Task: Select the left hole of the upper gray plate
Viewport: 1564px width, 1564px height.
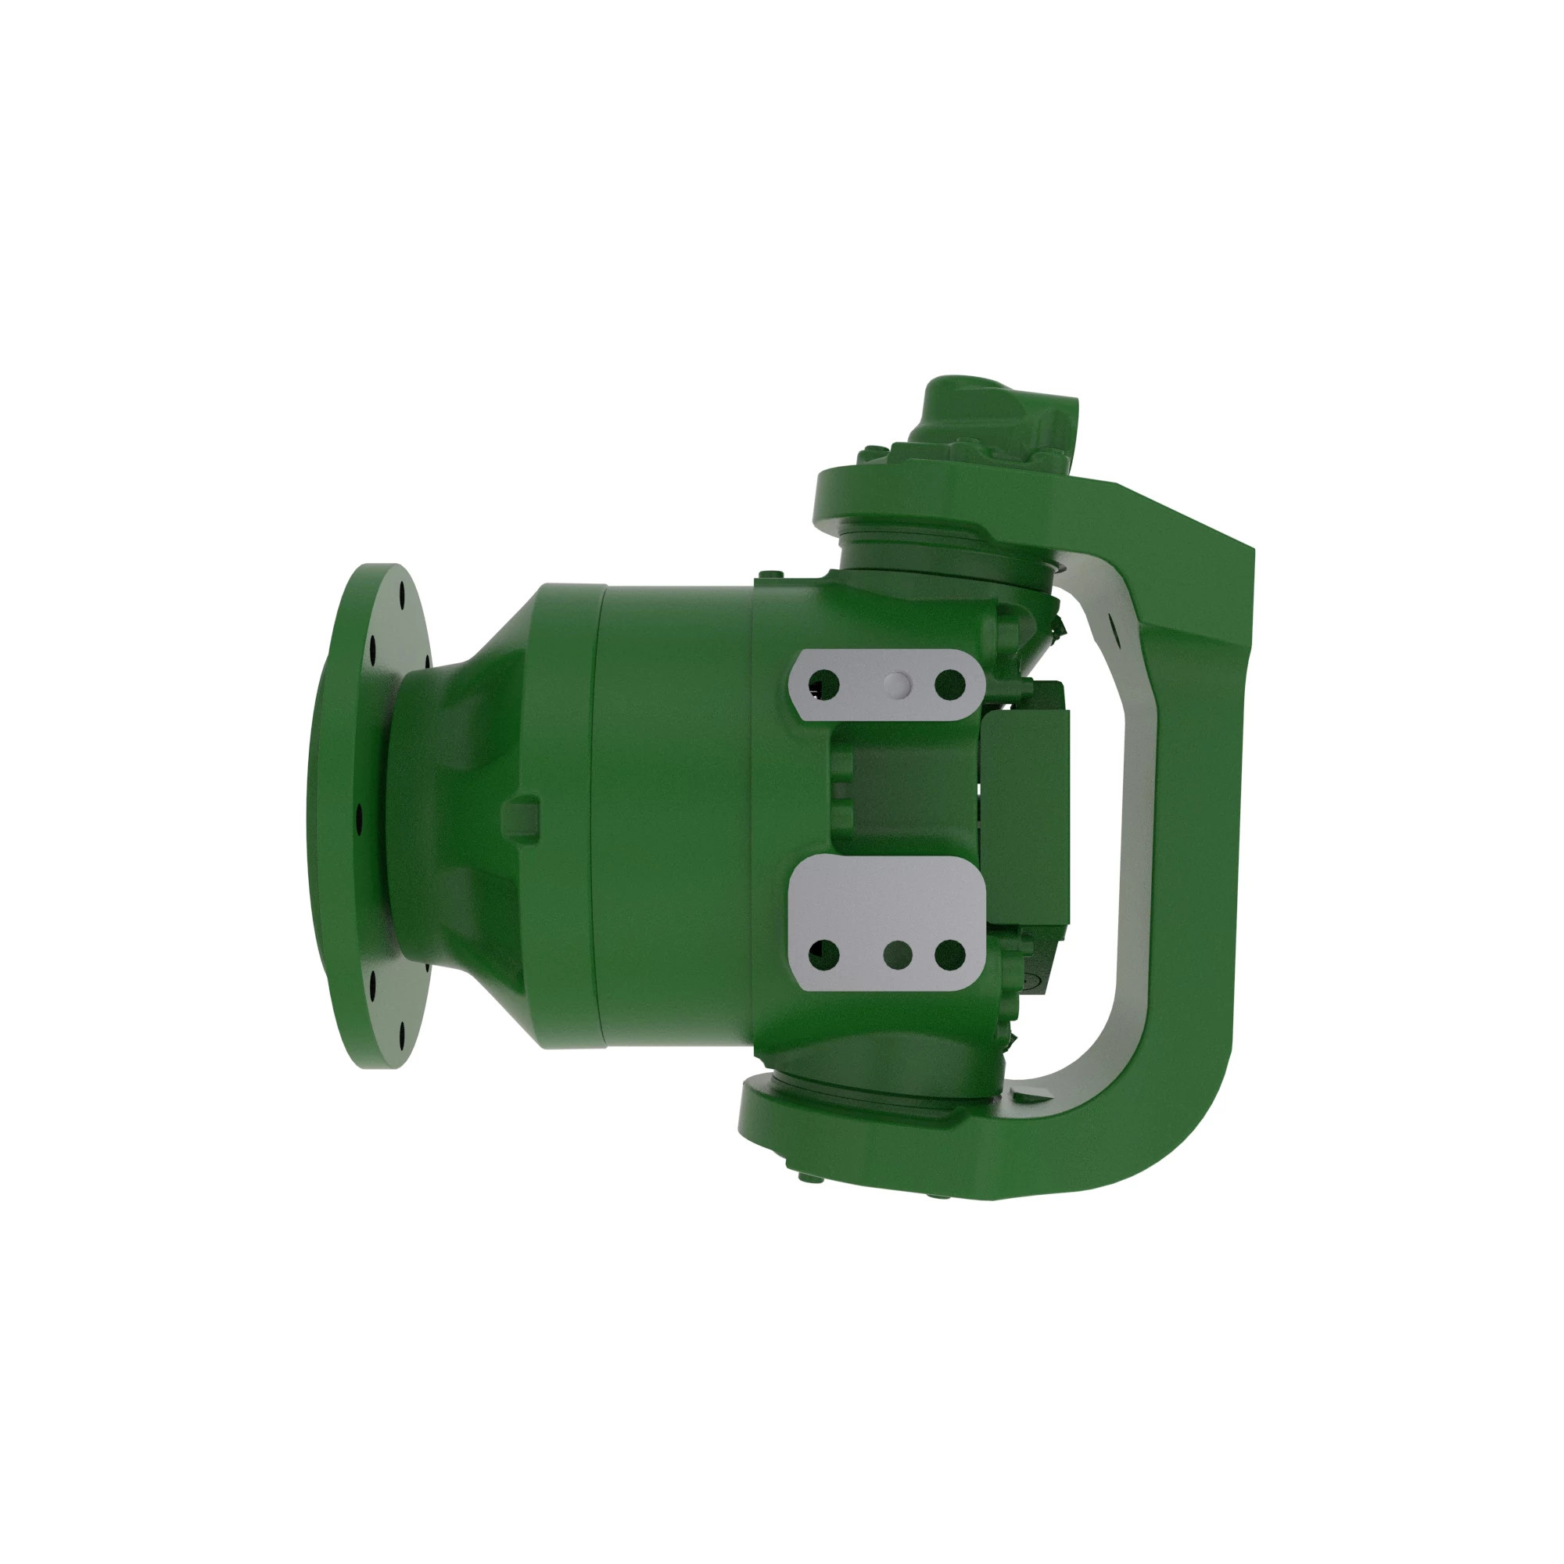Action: click(x=824, y=685)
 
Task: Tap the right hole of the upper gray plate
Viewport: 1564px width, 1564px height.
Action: click(x=949, y=685)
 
